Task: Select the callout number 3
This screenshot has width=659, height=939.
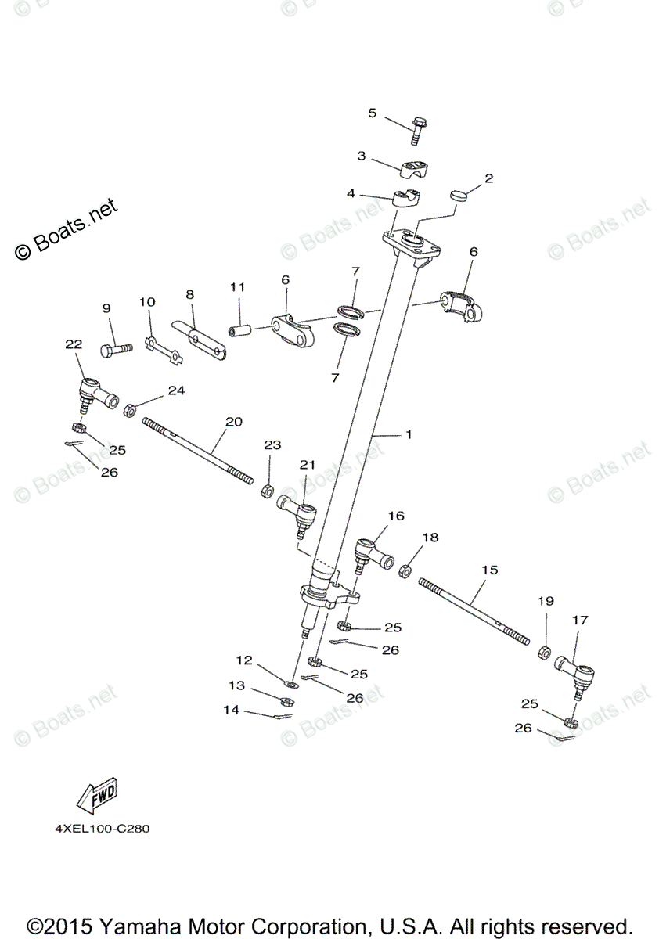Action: coord(361,156)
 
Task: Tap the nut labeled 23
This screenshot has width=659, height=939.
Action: coord(265,491)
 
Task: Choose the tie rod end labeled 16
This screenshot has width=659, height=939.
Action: coord(369,550)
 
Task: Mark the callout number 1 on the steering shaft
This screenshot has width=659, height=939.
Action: coord(408,434)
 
